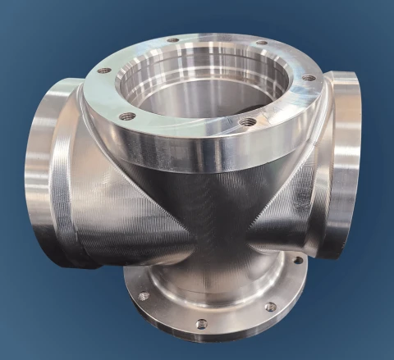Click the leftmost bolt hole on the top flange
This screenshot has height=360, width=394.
tap(103, 71)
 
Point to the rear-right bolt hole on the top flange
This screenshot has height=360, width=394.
tap(261, 43)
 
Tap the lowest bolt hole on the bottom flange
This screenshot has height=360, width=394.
tap(201, 324)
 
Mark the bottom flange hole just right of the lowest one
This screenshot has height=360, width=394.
tap(269, 307)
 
